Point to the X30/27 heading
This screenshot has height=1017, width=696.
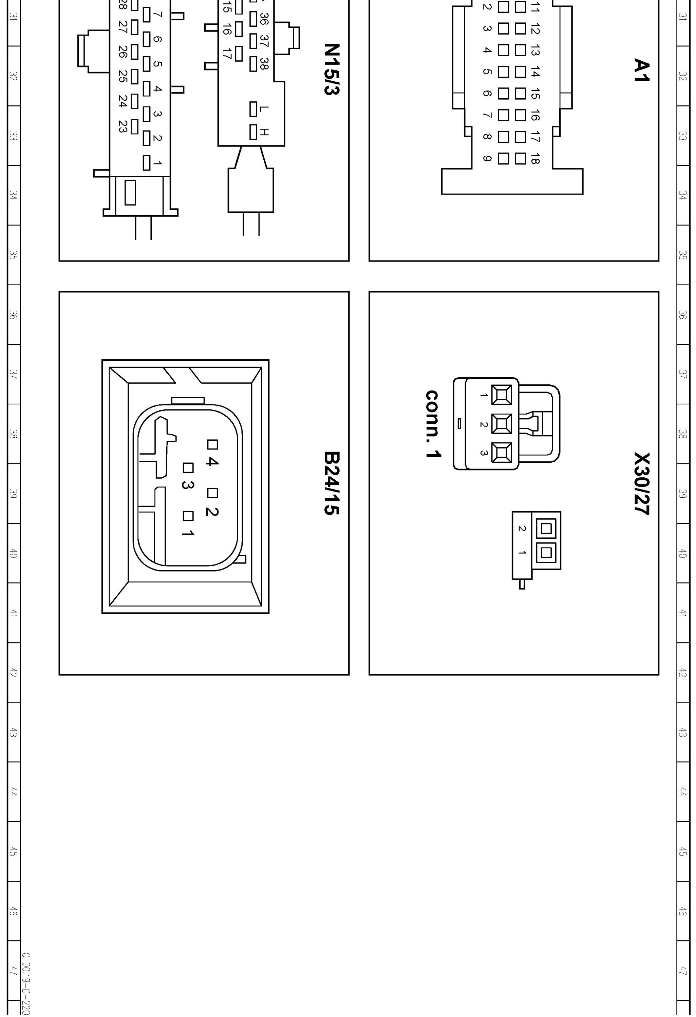click(x=641, y=483)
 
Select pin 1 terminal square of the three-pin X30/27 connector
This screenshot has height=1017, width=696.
click(x=501, y=395)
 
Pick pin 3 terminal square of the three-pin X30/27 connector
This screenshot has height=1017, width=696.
click(x=501, y=453)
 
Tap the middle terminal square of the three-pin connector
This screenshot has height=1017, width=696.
click(x=501, y=424)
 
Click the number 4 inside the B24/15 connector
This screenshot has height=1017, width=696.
click(x=211, y=461)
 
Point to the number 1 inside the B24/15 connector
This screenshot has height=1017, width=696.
click(x=187, y=533)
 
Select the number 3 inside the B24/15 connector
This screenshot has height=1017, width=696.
click(x=187, y=485)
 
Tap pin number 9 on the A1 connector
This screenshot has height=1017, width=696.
click(x=487, y=158)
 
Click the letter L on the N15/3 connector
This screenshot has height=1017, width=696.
click(x=264, y=108)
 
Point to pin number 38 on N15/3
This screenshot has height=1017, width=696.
click(x=264, y=63)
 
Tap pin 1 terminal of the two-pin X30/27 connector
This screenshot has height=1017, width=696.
click(x=546, y=552)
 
